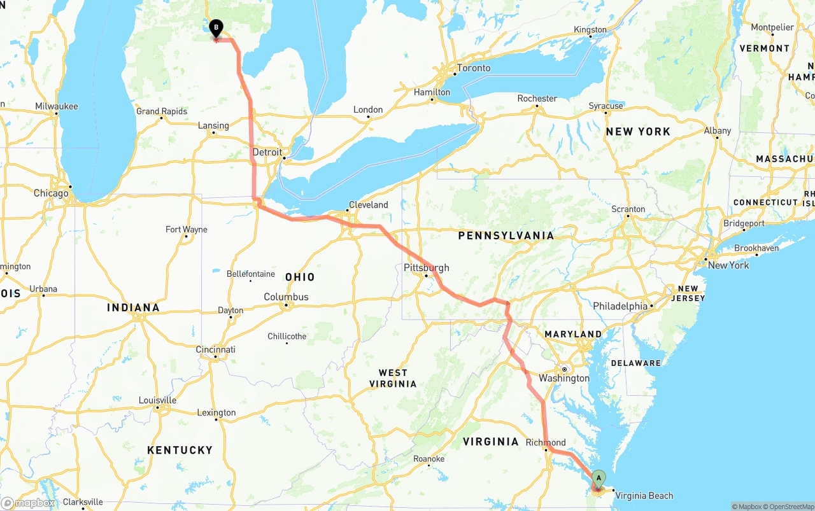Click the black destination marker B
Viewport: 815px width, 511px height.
click(x=216, y=28)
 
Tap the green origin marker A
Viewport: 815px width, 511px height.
click(x=599, y=478)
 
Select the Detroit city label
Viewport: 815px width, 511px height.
click(x=267, y=152)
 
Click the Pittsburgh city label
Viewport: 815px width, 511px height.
click(x=426, y=268)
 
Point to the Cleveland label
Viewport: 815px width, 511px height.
click(x=368, y=205)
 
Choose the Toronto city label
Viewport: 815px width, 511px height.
click(x=473, y=68)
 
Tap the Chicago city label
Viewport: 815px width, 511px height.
click(x=51, y=193)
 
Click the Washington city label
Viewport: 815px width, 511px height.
click(x=564, y=378)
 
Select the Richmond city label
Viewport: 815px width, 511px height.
click(x=546, y=442)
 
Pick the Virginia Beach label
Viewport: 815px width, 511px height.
click(x=644, y=496)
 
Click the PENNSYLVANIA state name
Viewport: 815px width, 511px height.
click(x=506, y=235)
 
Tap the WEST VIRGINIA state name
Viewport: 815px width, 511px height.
click(x=393, y=378)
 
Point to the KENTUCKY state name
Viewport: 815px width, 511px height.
click(x=180, y=450)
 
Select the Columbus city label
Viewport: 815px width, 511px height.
click(x=286, y=297)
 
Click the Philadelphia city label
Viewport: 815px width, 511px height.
click(x=620, y=306)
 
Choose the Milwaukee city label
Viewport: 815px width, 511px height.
click(x=57, y=106)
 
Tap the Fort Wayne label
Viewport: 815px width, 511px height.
click(x=186, y=229)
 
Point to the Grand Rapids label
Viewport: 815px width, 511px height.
click(x=162, y=111)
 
